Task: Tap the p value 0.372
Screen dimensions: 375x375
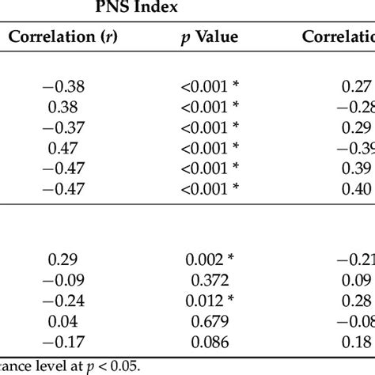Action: (209, 279)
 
